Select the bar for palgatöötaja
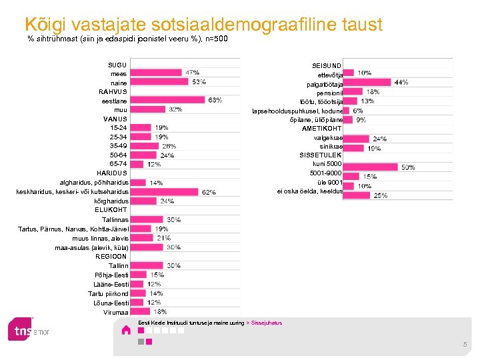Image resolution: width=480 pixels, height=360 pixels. [x=368, y=82]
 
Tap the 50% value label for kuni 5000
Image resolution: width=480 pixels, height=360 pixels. [x=408, y=167]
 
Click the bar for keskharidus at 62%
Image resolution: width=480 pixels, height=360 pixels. [x=164, y=191]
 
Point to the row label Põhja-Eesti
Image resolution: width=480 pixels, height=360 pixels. [x=113, y=275]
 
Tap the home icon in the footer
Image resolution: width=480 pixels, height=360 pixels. [x=126, y=329]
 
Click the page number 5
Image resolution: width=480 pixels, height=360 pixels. [x=465, y=344]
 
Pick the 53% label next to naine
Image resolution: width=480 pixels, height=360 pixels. [x=199, y=82]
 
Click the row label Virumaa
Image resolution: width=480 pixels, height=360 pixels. [x=115, y=312]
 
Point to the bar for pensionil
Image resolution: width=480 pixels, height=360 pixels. [x=353, y=91]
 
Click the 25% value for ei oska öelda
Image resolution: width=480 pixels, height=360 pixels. [x=381, y=195]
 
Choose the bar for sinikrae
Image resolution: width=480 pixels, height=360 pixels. [x=355, y=148]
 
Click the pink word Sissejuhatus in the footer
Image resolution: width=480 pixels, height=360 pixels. [x=267, y=323]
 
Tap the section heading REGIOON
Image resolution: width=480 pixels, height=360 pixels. [x=112, y=257]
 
